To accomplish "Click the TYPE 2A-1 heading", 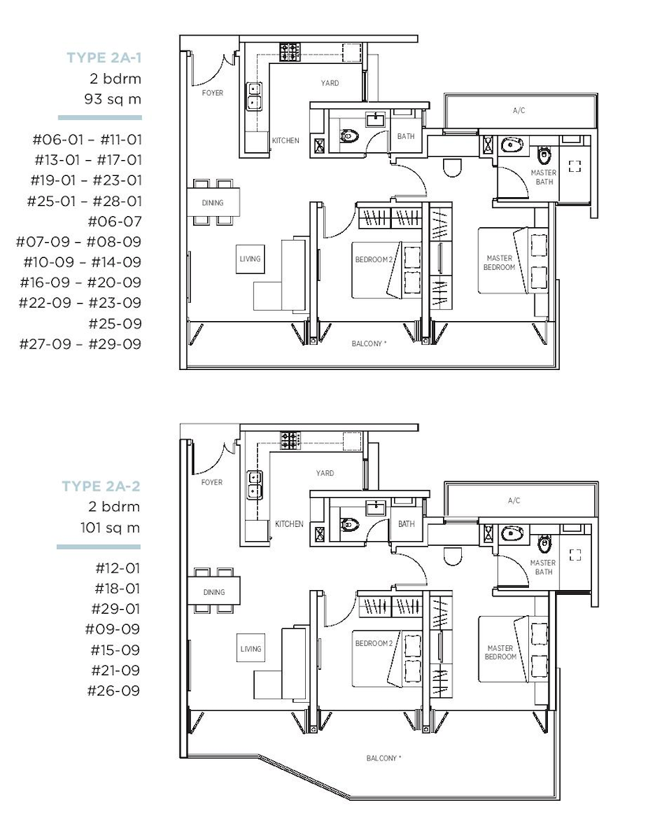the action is [104, 57].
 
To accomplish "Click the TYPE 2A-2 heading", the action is [101, 486].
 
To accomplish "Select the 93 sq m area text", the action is [113, 99].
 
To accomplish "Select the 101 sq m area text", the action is [110, 528].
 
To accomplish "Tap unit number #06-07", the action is [115, 221].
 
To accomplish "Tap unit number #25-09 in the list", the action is [115, 323].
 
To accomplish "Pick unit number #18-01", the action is [117, 588].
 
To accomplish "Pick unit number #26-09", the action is [114, 690].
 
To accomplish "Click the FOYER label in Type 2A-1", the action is [213, 93].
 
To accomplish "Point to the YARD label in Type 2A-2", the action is [325, 473].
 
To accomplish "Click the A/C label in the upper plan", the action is [519, 110].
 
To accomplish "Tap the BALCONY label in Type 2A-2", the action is [383, 758].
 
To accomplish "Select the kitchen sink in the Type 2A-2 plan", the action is [255, 485].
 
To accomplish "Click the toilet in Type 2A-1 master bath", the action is [544, 155].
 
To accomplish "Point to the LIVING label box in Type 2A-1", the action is [251, 259].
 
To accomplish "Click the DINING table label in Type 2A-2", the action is [214, 592].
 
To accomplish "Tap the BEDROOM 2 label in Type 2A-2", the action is [374, 643].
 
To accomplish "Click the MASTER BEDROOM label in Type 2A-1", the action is [499, 263].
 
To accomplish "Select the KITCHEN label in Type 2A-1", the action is [285, 140].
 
